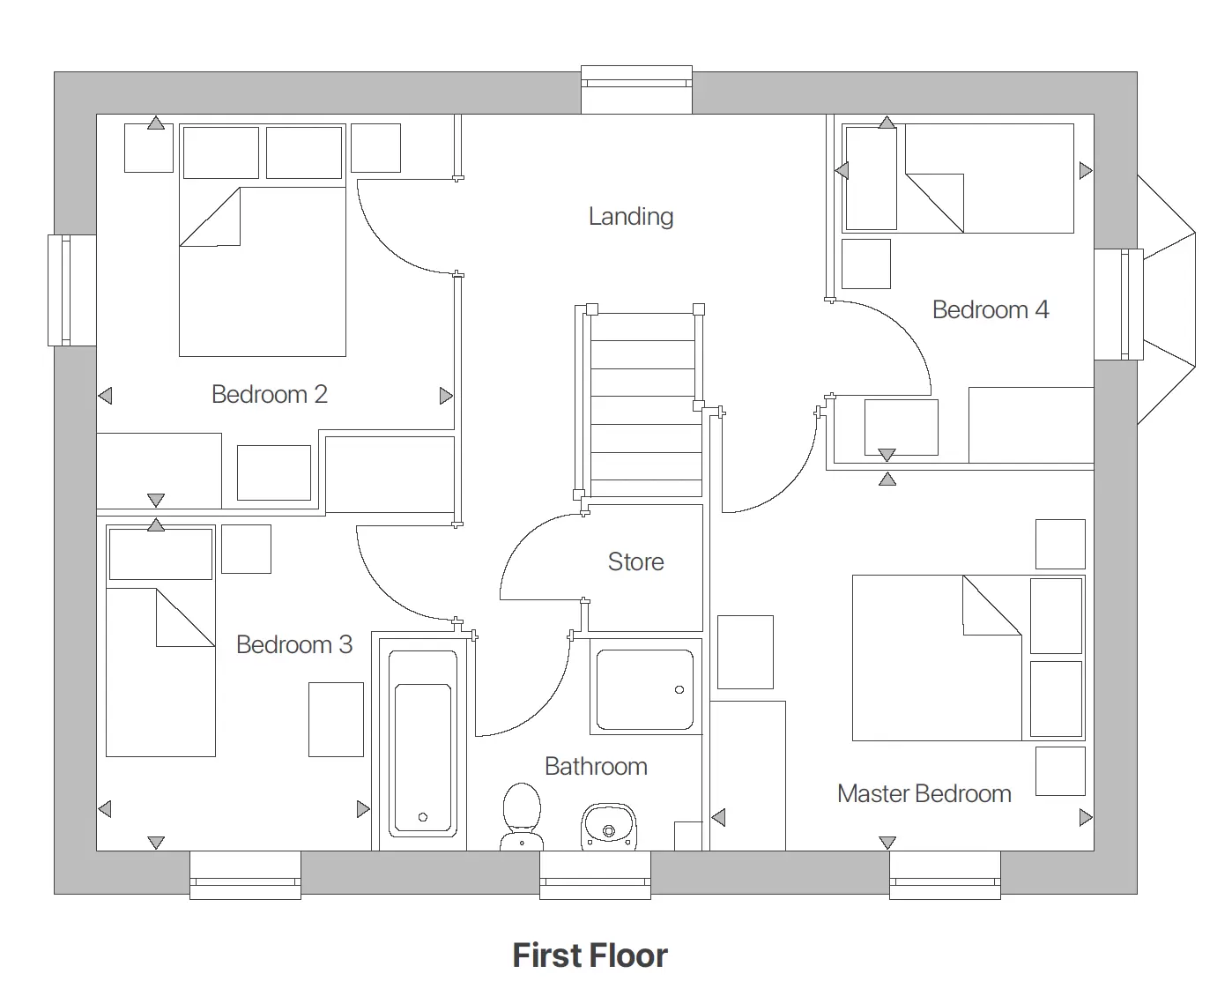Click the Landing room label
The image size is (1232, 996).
point(630,216)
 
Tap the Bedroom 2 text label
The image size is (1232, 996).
point(269,394)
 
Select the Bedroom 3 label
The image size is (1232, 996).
point(293,644)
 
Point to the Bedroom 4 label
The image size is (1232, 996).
point(990,309)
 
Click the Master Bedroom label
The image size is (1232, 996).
point(924,793)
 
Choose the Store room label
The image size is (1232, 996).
point(635,561)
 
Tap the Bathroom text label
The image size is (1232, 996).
point(596,766)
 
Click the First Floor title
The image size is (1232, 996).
point(590,955)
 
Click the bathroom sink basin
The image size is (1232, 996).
point(608,827)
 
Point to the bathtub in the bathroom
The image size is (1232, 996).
point(423,742)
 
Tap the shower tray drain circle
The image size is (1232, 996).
point(679,689)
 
